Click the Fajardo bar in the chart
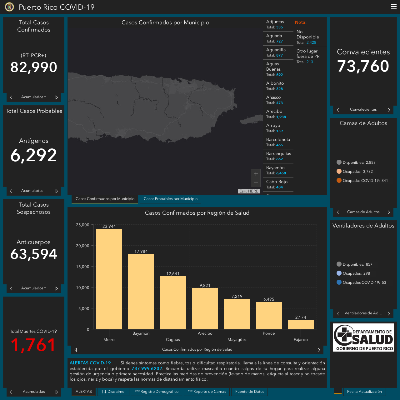[x=301, y=324]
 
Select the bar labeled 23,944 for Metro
[x=109, y=279]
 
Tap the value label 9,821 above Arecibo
[x=205, y=285]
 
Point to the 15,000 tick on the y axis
[x=82, y=267]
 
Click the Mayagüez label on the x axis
[x=237, y=340]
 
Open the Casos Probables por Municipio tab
[x=170, y=199]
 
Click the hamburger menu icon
[x=393, y=7]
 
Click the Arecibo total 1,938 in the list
[x=281, y=117]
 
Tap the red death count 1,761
[x=33, y=345]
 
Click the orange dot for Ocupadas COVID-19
[x=339, y=180]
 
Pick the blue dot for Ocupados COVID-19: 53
[x=339, y=282]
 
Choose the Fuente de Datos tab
[x=249, y=392]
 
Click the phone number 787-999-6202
[x=147, y=368]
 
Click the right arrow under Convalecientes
[x=388, y=110]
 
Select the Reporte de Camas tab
[x=207, y=392]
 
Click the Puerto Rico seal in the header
[x=9, y=7]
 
